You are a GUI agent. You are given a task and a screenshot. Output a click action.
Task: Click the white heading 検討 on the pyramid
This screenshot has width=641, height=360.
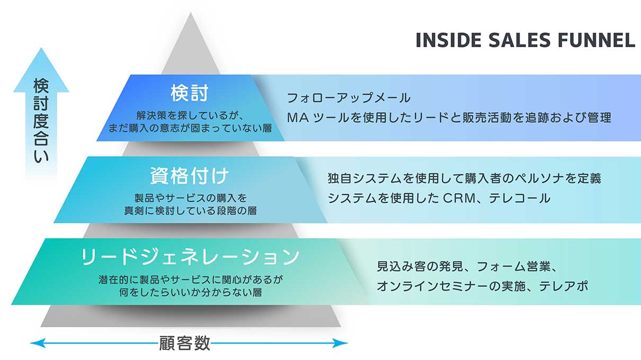(x=190, y=93)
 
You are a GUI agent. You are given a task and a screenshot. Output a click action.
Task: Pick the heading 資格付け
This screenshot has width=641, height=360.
(x=190, y=176)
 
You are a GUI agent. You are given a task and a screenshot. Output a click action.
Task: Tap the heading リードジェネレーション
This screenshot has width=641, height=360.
(x=190, y=257)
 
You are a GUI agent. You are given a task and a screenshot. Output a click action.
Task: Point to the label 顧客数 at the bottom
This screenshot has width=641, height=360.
(x=184, y=343)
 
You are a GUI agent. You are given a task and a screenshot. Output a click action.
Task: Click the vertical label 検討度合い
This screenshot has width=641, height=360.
(x=41, y=120)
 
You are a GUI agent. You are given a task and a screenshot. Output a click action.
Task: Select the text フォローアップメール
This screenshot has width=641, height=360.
(x=349, y=98)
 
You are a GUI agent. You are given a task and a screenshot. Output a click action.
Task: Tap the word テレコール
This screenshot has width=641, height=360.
(x=520, y=199)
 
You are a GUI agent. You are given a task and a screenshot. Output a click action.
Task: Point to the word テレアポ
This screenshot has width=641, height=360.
(x=563, y=286)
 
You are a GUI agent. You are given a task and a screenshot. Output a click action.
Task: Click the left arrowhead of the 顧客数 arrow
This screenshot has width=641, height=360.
(x=37, y=343)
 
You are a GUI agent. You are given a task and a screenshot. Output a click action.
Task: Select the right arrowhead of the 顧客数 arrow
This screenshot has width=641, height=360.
(x=341, y=343)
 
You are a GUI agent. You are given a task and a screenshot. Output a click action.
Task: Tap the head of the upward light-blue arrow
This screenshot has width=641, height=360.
(x=41, y=71)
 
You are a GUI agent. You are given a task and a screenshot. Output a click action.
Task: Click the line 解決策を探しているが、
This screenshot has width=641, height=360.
(x=190, y=115)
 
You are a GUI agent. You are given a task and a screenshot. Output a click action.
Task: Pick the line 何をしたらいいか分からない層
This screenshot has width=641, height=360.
(x=190, y=293)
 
